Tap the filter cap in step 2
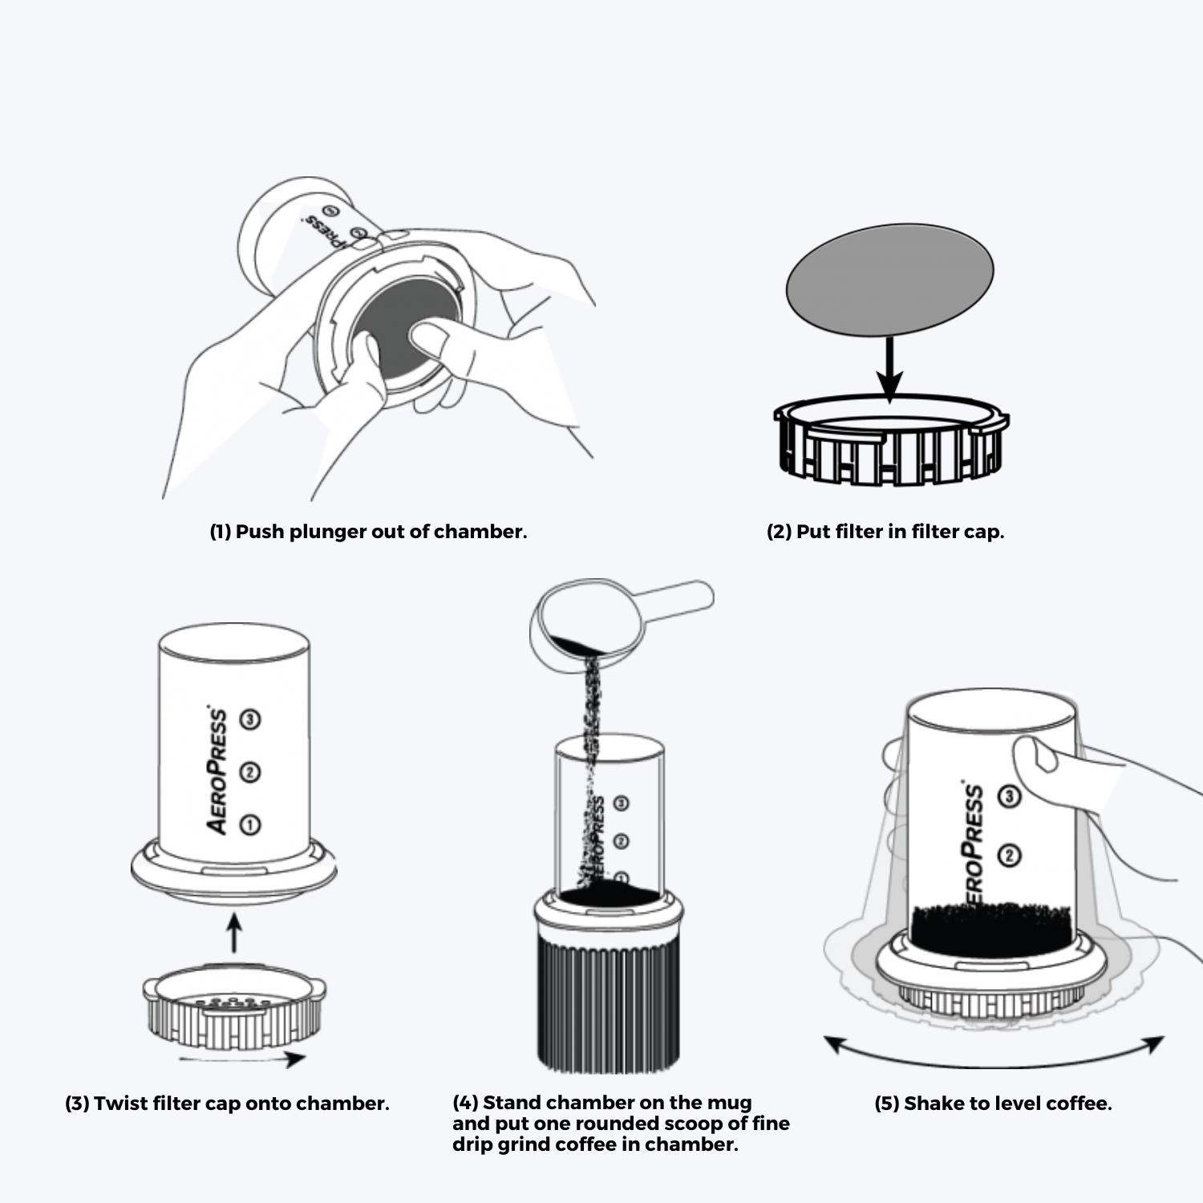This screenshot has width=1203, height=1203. click(x=891, y=450)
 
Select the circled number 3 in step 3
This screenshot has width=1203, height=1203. click(x=250, y=719)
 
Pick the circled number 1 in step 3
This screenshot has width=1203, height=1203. click(x=250, y=824)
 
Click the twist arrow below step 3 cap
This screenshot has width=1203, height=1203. click(x=241, y=1059)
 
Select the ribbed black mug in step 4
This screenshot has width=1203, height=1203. click(x=608, y=1003)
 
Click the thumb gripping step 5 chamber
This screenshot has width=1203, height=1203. click(x=1035, y=758)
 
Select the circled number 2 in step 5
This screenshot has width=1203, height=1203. click(x=1009, y=856)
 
